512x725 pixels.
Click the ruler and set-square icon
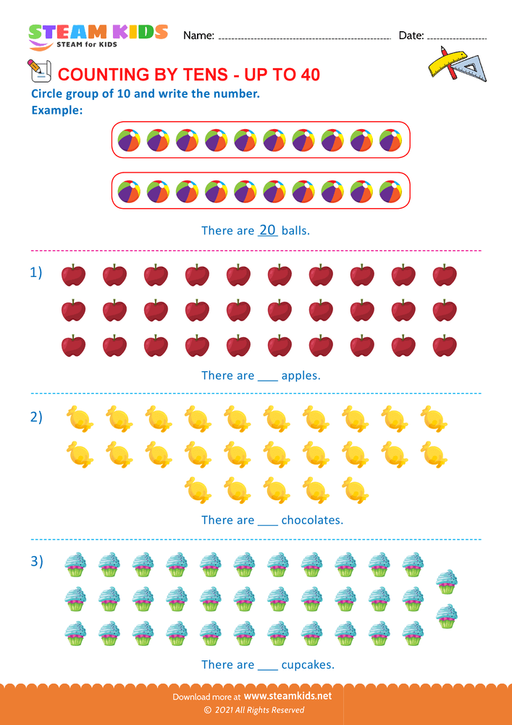point(456,64)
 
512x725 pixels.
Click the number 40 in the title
point(307,75)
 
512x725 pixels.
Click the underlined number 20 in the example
point(268,230)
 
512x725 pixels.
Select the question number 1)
point(36,273)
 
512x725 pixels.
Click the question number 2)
point(36,417)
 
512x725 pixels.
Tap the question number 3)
point(36,560)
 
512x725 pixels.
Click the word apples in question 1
point(301,376)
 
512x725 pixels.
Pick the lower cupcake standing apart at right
point(447,616)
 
